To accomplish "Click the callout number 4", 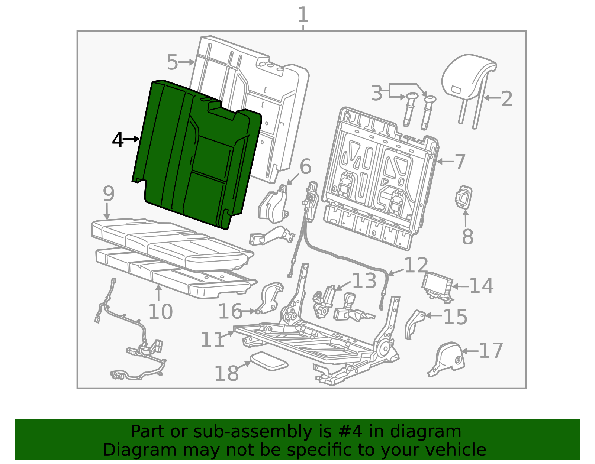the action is tap(118, 140).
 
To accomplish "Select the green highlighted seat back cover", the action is tap(197, 155).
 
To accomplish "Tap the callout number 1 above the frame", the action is tap(303, 14).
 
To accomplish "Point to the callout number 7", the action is tap(460, 162).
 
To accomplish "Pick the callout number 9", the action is tap(109, 194).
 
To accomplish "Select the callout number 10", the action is tap(160, 312).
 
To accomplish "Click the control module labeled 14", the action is tap(437, 288).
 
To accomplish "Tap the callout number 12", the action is tap(416, 265).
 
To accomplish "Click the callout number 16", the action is tap(230, 311).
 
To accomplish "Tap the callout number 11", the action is tap(212, 340).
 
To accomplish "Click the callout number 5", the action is tap(173, 62).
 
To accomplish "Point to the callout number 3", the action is tap(376, 93).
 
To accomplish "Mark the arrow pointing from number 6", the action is tap(293, 180).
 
